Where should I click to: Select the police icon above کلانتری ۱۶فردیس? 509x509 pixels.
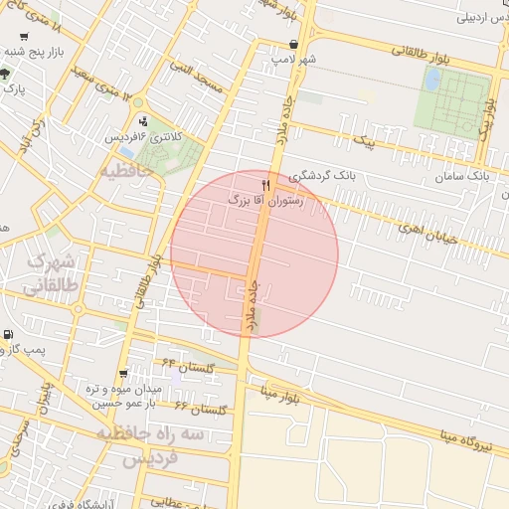tap(143, 121)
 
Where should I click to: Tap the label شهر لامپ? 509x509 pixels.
tap(294, 60)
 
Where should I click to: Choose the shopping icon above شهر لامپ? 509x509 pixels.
tap(294, 45)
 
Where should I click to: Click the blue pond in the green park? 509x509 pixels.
tap(432, 80)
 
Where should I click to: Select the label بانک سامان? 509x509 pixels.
tap(464, 176)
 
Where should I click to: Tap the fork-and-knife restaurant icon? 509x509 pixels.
tap(265, 186)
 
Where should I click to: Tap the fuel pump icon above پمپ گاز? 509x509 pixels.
tap(9, 335)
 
